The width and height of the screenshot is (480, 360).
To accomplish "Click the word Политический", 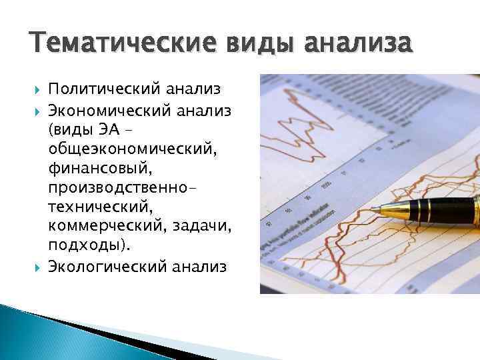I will coord(102,88).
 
